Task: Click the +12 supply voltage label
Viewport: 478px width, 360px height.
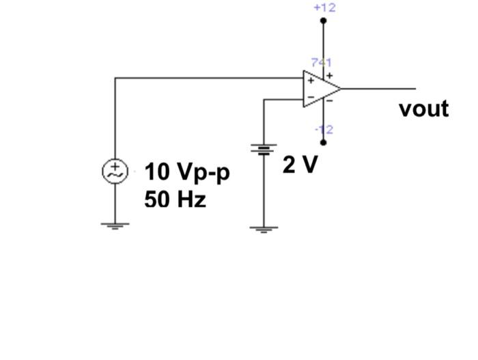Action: point(324,8)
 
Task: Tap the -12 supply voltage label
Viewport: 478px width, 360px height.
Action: point(324,129)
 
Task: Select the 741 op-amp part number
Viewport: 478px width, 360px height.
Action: point(322,62)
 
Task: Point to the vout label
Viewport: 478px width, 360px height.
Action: point(423,109)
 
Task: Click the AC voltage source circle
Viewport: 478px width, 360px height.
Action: point(115,171)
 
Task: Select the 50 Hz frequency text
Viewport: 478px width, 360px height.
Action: point(175,199)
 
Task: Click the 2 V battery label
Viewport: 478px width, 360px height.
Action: point(300,165)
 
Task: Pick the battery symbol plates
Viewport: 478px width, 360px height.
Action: point(264,148)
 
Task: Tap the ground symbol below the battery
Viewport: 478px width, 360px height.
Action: point(264,230)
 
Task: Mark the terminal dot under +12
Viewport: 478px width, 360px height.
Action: point(324,21)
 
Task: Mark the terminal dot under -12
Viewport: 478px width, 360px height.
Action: point(324,143)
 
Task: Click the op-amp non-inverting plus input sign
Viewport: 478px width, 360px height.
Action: point(310,80)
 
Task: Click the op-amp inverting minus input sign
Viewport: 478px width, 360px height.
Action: point(310,98)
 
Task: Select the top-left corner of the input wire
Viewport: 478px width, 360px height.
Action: point(115,78)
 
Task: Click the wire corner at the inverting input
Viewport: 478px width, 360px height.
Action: point(264,100)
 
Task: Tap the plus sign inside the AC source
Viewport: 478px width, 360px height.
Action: point(115,167)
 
